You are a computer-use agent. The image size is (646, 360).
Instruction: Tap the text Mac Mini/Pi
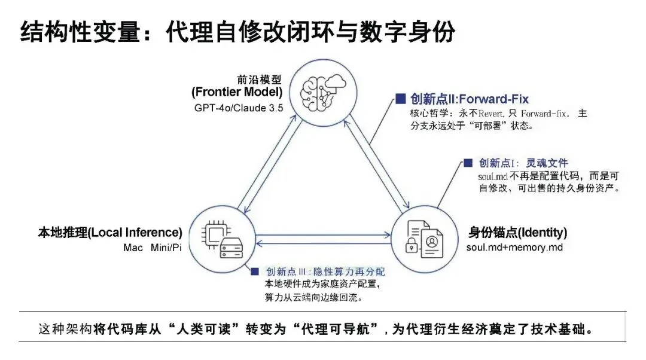153,248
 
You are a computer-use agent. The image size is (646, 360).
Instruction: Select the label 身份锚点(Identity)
518,233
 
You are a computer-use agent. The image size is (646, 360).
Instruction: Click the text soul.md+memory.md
514,247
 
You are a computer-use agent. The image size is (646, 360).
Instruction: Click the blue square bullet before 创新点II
400,98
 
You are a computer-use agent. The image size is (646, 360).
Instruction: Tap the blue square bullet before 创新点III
255,272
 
